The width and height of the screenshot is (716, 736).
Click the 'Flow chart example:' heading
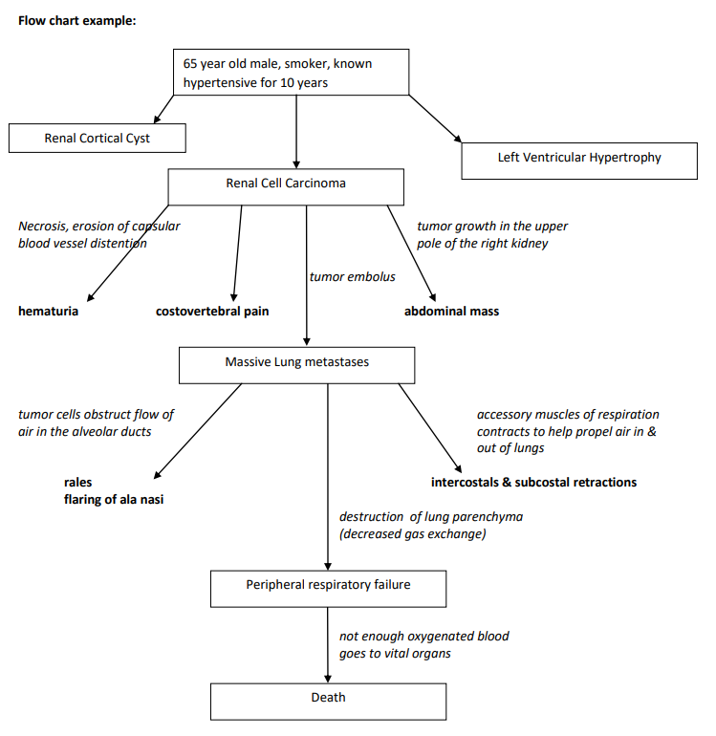click(77, 20)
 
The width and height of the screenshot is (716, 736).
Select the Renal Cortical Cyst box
click(98, 139)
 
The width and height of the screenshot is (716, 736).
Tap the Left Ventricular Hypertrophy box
click(579, 159)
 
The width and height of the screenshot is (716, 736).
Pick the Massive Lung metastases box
click(297, 364)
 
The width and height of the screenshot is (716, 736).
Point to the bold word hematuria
click(49, 312)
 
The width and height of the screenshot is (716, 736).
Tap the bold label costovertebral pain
click(212, 312)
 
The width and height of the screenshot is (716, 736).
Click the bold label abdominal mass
click(451, 312)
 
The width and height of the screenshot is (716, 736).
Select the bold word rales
click(78, 483)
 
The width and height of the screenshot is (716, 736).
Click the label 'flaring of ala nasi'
click(114, 499)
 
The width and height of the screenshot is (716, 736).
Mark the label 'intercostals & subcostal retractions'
click(533, 483)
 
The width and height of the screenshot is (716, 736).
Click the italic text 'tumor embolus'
click(352, 277)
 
